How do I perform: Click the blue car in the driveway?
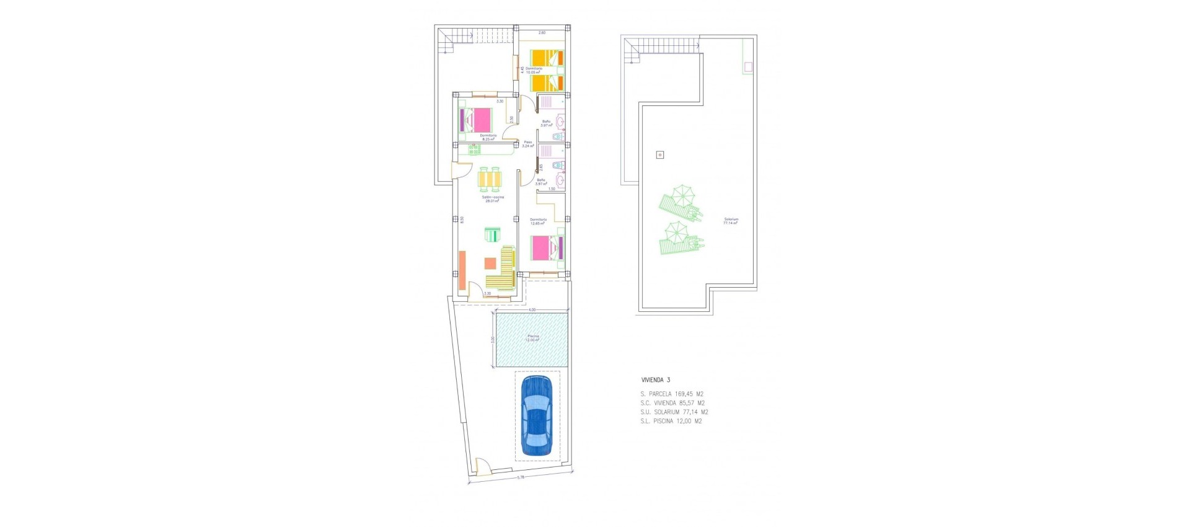point(537,415)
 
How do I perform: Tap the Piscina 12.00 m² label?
point(533,338)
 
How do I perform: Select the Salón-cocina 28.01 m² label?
point(493,199)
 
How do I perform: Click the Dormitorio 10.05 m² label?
point(534,71)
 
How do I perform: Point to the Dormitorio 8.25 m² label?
point(488,137)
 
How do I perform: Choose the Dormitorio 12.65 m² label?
point(538,221)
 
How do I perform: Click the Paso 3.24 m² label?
point(528,144)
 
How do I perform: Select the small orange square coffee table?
point(490,263)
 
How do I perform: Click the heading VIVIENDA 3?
point(655,380)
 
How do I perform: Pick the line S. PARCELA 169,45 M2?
point(672,394)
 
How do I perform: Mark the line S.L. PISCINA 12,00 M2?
point(671,421)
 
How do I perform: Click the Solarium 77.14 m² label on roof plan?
point(731,221)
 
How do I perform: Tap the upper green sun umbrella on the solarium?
point(682,197)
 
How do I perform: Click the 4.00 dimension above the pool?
point(532,309)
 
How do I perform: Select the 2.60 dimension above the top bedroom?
point(542,32)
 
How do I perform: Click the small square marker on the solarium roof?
point(659,155)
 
